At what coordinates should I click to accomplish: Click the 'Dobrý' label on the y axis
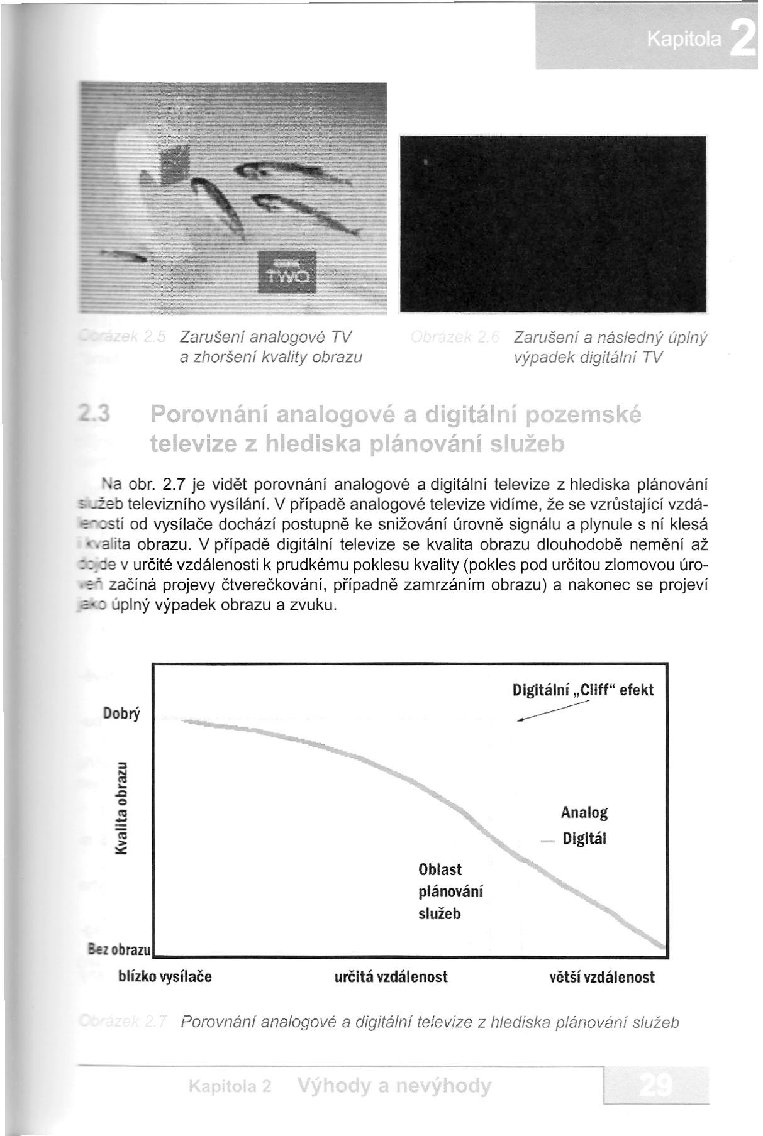pos(121,714)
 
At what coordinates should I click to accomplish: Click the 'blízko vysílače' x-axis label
pos(165,977)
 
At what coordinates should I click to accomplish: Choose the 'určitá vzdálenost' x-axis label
pos(391,977)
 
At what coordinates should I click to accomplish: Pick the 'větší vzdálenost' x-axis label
pos(602,977)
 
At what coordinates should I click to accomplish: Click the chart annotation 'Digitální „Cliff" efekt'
pos(583,690)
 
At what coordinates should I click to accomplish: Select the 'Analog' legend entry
pos(584,812)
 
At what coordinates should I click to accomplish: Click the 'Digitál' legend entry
pos(584,839)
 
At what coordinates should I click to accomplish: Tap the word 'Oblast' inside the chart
pos(440,869)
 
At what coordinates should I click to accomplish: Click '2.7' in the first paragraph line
pos(172,485)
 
